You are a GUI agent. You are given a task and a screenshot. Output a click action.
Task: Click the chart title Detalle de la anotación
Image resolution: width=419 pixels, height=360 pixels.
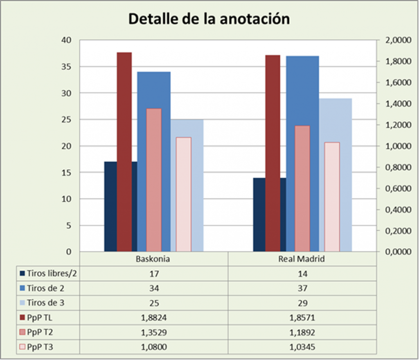click(x=209, y=19)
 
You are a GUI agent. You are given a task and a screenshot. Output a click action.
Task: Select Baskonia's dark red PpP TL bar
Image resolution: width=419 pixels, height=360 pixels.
click(x=124, y=152)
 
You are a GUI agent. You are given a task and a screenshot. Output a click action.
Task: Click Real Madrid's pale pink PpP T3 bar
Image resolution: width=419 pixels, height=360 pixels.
click(x=332, y=197)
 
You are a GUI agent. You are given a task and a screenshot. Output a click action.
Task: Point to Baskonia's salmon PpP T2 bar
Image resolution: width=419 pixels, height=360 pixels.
click(x=154, y=180)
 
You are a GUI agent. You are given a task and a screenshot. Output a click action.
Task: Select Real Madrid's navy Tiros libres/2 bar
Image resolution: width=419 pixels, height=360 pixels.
click(x=259, y=215)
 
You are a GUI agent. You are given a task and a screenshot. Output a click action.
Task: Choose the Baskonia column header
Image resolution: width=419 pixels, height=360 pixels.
click(x=153, y=259)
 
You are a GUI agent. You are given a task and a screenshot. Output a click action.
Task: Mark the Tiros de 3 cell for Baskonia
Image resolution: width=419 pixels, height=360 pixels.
click(x=153, y=303)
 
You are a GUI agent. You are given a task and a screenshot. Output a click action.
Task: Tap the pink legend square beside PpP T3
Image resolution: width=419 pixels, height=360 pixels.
click(x=22, y=348)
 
